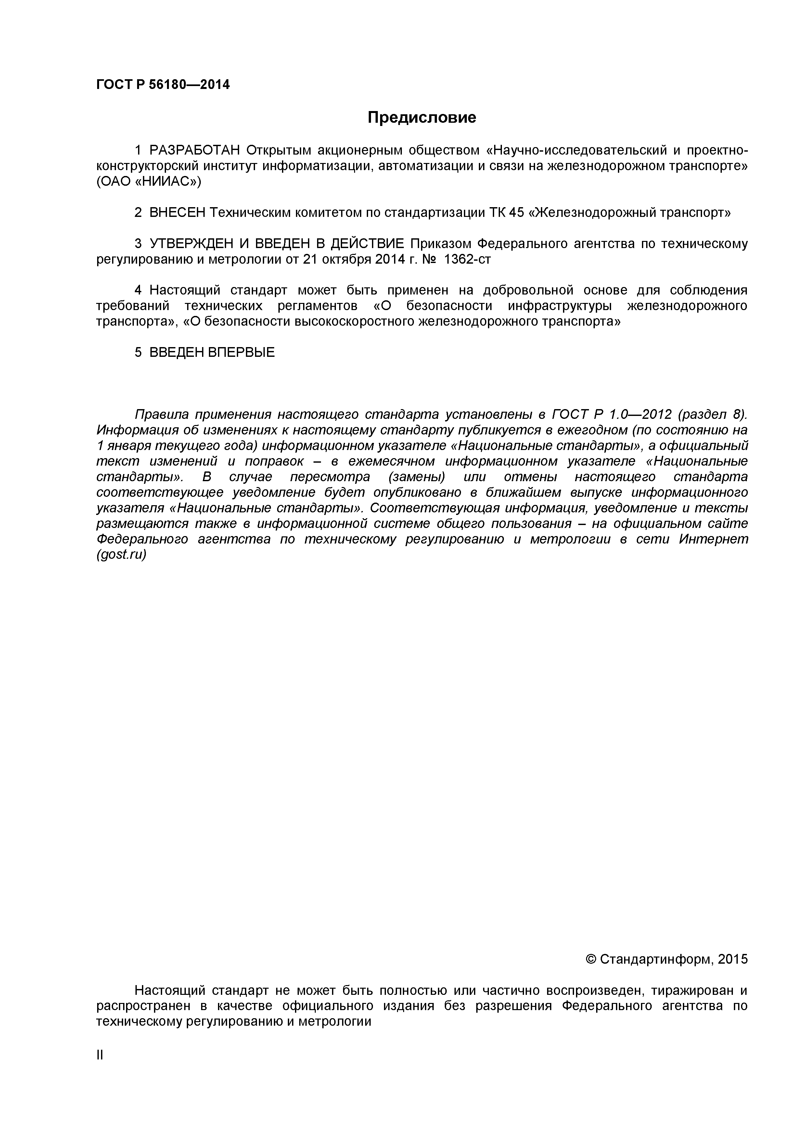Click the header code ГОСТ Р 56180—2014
pyautogui.click(x=163, y=85)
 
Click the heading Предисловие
pyautogui.click(x=421, y=118)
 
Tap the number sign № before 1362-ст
pyautogui.click(x=428, y=259)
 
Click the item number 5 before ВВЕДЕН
pyautogui.click(x=138, y=352)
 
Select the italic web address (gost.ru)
pyautogui.click(x=121, y=555)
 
